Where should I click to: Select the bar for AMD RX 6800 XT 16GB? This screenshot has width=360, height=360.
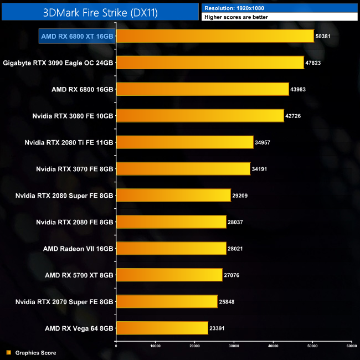click(215, 36)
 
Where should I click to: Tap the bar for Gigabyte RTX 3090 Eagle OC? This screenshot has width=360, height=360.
click(210, 63)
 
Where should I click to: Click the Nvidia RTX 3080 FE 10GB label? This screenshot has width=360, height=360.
click(73, 116)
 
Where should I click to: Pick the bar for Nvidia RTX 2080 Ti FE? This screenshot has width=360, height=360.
click(184, 142)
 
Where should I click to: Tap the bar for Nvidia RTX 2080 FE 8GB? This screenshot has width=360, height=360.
click(171, 222)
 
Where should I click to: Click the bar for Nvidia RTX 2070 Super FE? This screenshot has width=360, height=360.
click(167, 301)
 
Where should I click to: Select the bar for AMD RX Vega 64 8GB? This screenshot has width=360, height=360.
click(162, 328)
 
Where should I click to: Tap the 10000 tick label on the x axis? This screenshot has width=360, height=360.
click(155, 346)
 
